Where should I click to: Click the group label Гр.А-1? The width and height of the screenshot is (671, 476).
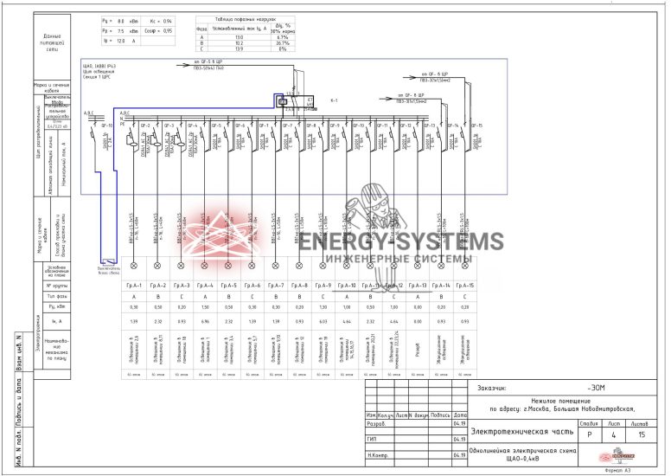click(133, 286)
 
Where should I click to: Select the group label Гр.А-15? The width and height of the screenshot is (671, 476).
click(465, 286)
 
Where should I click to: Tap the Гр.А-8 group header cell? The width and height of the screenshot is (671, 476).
click(299, 286)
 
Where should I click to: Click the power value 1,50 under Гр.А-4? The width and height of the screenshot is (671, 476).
click(205, 307)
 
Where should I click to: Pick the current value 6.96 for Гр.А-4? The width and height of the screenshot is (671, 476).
click(205, 322)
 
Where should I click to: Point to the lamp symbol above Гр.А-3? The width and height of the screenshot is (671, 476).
click(181, 265)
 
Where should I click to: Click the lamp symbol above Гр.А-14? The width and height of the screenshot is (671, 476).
click(441, 265)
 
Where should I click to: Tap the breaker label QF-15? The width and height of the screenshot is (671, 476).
click(476, 126)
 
